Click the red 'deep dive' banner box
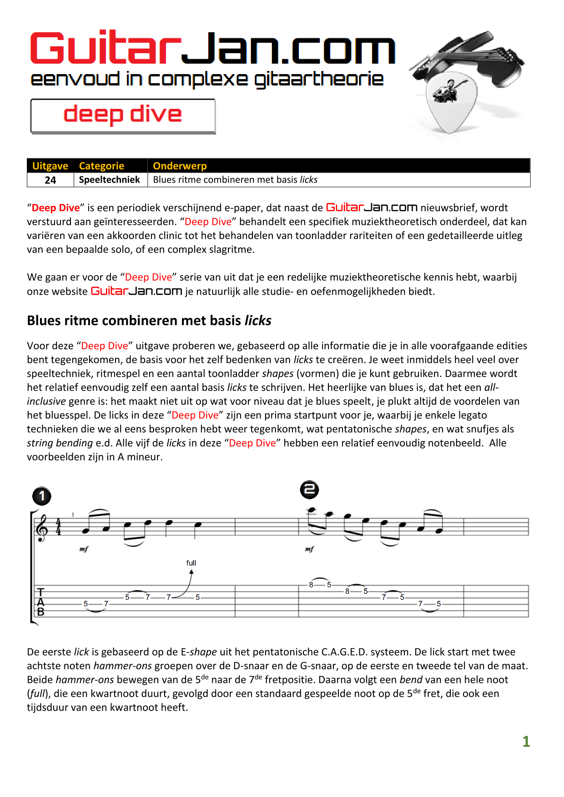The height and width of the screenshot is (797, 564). point(123,115)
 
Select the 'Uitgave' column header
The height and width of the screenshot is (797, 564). point(50,166)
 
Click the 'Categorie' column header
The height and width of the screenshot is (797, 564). point(101,166)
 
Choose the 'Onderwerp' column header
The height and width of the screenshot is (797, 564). point(180,166)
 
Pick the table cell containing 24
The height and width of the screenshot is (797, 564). point(50,180)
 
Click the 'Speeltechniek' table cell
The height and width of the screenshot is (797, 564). point(110,180)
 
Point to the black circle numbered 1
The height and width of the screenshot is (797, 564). point(42,496)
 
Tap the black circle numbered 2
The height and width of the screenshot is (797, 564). point(309,489)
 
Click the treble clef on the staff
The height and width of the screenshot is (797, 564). point(42,527)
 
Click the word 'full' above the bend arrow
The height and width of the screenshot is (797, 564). point(191,563)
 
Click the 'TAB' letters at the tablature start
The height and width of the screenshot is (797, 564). point(41,602)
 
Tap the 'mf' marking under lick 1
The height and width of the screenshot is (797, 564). point(84,549)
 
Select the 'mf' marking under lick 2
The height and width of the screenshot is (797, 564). point(309,549)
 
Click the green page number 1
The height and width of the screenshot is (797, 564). point(526,742)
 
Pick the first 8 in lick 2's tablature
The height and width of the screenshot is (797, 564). point(311,585)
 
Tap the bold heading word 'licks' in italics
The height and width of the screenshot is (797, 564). point(258,321)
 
